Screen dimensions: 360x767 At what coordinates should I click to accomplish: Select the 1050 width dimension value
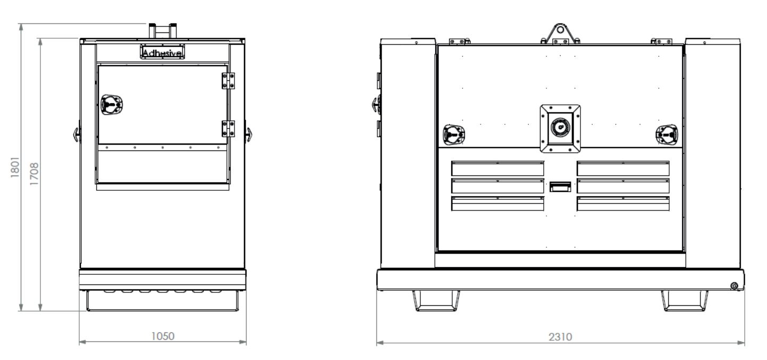[x=163, y=336]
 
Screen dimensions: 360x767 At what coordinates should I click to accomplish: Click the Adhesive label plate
[x=162, y=52]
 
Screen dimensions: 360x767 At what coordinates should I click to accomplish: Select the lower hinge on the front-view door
[x=227, y=128]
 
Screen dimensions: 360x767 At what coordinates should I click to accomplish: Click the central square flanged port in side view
[x=560, y=128]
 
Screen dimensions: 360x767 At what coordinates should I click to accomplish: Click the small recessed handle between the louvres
[x=560, y=186]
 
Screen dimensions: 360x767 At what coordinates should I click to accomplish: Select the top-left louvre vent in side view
[x=498, y=169]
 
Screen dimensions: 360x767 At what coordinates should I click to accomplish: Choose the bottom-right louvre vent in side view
[x=622, y=203]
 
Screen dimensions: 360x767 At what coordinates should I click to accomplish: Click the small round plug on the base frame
[x=734, y=287]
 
